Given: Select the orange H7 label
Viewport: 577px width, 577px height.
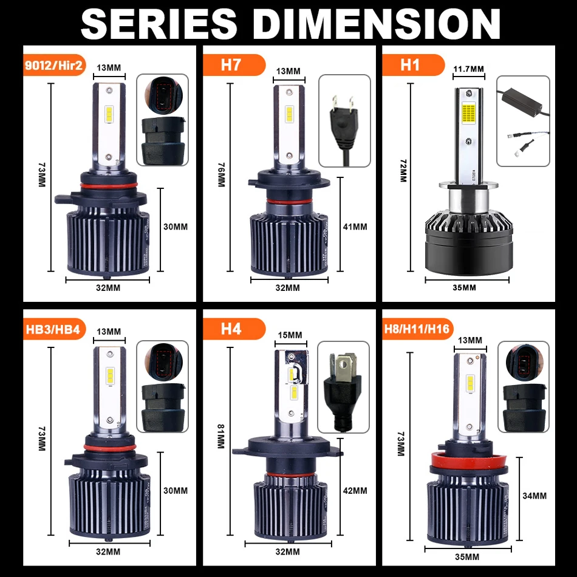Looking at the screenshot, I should [231, 65].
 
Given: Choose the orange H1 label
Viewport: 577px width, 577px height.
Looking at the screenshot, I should [410, 65].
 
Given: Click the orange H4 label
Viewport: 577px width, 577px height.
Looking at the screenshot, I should [231, 329].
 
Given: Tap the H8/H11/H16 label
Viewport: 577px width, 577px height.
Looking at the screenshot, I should [417, 329].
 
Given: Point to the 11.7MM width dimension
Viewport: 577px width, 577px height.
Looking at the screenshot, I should [469, 69].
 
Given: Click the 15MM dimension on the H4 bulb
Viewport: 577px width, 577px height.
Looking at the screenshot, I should [290, 335].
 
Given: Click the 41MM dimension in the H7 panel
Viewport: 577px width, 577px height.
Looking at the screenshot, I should [355, 227].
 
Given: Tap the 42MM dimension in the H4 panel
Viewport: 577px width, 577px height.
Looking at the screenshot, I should [355, 490].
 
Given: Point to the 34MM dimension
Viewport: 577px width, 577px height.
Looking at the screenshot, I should [534, 496].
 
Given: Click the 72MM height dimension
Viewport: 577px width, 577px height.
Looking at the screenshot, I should [401, 171].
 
